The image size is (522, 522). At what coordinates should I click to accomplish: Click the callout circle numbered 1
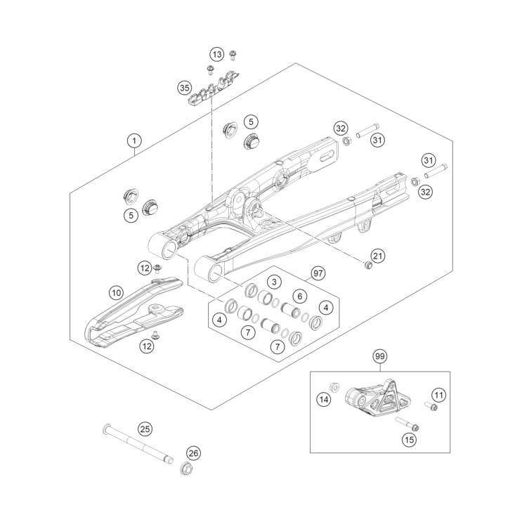tap(134, 141)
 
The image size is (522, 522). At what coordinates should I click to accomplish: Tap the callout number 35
tap(184, 88)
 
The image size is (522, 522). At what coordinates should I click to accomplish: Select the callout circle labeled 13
tap(217, 54)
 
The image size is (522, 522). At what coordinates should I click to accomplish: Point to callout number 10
tap(117, 292)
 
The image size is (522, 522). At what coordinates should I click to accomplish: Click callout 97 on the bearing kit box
tap(318, 273)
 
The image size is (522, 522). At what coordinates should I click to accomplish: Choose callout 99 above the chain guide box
tap(379, 356)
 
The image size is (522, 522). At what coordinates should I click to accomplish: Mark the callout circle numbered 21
tap(378, 256)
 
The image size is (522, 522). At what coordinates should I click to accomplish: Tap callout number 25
tap(144, 429)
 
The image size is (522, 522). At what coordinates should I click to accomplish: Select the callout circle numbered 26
tap(193, 453)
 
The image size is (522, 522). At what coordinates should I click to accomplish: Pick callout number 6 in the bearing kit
tap(299, 296)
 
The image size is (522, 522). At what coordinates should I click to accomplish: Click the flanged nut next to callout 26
tap(188, 469)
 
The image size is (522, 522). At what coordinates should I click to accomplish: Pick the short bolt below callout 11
tap(431, 406)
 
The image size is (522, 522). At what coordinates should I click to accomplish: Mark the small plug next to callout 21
tap(367, 265)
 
